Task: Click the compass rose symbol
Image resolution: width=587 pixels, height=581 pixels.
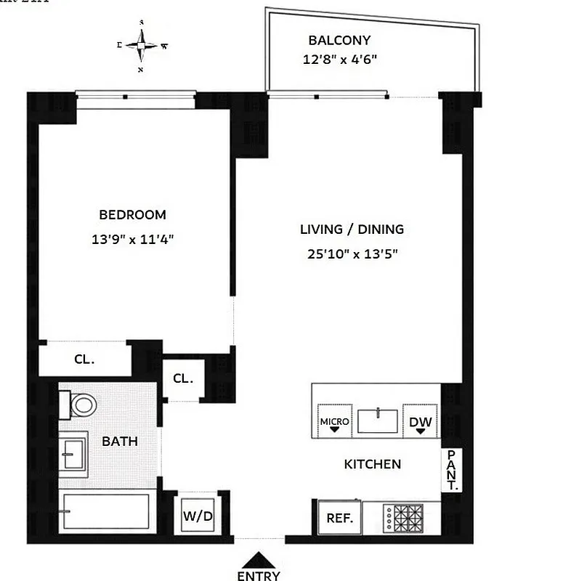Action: point(142,46)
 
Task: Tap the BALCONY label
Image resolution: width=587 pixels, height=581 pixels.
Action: point(339,41)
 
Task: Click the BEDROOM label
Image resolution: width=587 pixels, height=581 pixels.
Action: point(132,215)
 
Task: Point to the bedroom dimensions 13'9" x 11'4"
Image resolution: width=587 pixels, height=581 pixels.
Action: point(132,238)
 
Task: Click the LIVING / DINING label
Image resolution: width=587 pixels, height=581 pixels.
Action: point(352,229)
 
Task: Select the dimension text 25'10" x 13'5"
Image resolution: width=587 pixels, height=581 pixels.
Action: point(352,253)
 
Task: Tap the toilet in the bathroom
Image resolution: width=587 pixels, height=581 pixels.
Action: point(79,404)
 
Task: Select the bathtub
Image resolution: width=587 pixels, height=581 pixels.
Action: point(106,513)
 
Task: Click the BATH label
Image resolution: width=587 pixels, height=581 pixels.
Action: point(119,441)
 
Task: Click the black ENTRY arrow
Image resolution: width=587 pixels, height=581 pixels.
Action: point(258,561)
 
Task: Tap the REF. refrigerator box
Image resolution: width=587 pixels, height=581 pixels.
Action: point(339,519)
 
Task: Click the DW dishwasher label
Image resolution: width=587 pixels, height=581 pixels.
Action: point(421,422)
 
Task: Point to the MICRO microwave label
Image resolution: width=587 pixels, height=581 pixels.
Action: point(334,422)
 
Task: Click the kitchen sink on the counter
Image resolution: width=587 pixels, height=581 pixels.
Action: point(378,420)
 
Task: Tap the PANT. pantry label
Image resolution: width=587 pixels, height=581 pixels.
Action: point(452,471)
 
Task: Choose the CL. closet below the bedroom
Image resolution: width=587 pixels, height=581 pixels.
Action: point(84,359)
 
